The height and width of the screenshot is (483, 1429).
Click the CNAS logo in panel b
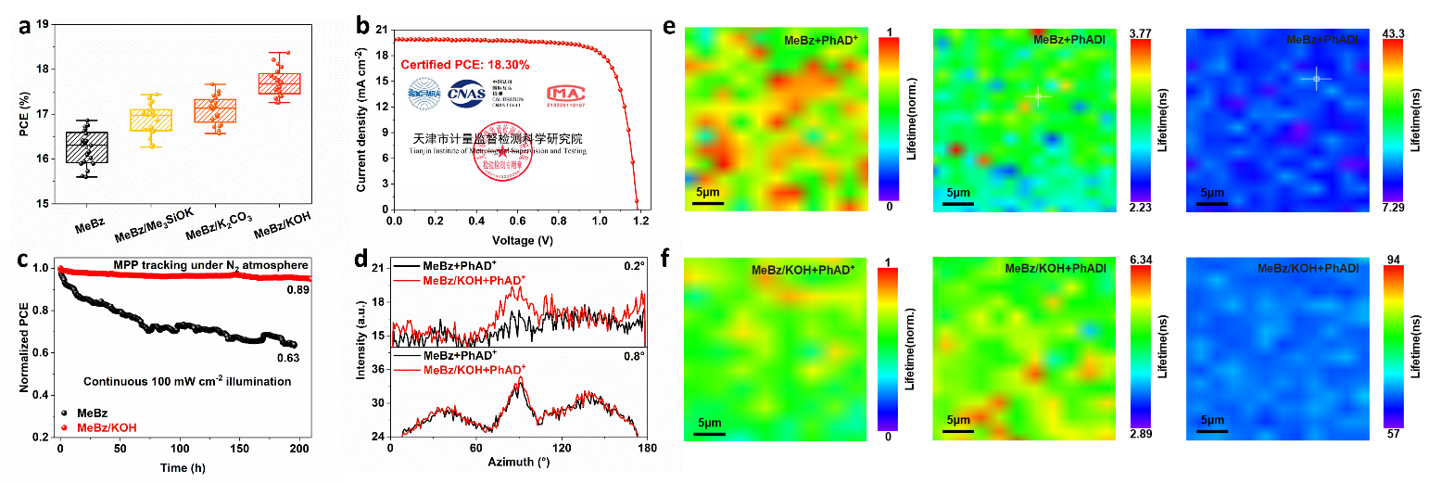(x=466, y=94)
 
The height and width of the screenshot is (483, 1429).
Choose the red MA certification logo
(x=564, y=94)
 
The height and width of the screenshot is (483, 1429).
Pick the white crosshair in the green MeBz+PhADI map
(x=1039, y=96)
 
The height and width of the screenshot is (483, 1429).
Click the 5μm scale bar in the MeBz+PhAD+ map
(x=706, y=200)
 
